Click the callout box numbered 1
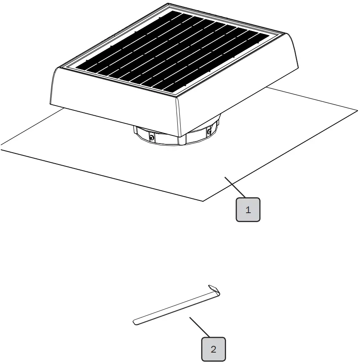click(x=248, y=210)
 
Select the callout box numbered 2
click(x=213, y=349)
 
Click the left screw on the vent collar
click(x=152, y=138)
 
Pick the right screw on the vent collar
click(x=209, y=131)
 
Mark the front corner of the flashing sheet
click(x=204, y=200)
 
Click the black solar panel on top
click(x=172, y=51)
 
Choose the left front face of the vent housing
click(x=115, y=104)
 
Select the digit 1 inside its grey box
click(x=248, y=210)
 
